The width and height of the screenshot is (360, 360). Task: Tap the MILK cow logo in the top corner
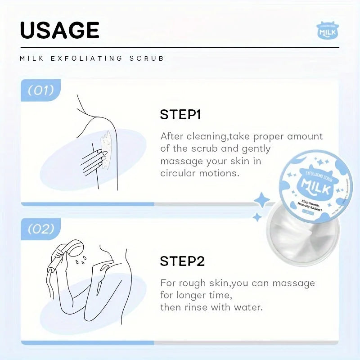327,31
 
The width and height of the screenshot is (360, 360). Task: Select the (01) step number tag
40,90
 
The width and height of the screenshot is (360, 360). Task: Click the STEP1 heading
180,115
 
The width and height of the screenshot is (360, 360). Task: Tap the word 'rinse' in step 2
197,307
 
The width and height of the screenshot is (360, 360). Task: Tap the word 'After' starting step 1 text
172,136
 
